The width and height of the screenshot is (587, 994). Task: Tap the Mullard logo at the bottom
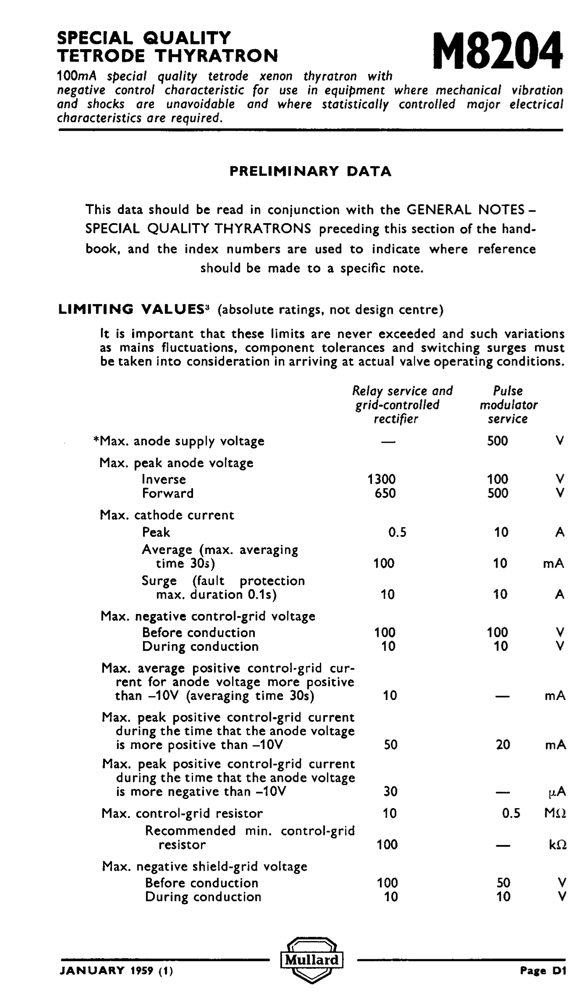click(312, 960)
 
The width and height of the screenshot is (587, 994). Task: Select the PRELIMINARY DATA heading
click(311, 171)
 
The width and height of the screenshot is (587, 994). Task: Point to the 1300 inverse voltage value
click(381, 479)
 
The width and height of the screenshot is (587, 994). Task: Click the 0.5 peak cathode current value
click(397, 532)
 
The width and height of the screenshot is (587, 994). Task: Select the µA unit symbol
click(557, 792)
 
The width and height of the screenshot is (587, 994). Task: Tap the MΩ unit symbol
click(555, 813)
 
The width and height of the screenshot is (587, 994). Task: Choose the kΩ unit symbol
click(558, 845)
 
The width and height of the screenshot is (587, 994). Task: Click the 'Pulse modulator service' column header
click(508, 405)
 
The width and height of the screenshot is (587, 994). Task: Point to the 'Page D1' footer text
click(543, 971)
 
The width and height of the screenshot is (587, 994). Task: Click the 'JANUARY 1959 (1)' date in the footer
click(116, 971)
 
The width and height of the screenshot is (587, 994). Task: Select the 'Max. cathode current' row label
click(167, 515)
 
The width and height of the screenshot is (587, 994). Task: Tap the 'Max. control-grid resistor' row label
click(182, 813)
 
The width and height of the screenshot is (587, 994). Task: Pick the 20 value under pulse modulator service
click(503, 745)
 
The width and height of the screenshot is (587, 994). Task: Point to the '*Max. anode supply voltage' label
click(179, 441)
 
